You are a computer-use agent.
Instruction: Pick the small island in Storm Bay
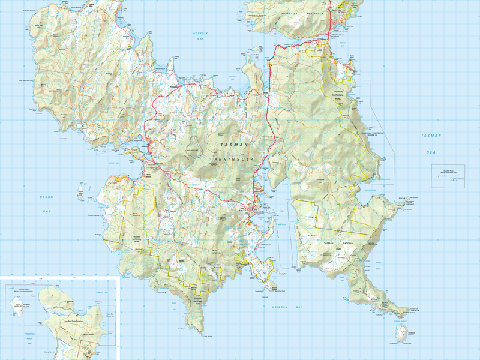(x=80, y=193)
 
